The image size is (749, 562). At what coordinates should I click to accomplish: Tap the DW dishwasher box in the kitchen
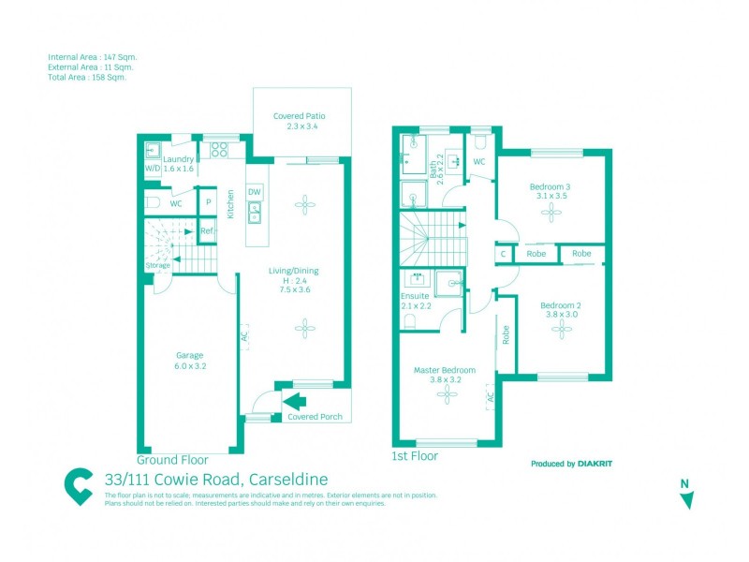[254, 192]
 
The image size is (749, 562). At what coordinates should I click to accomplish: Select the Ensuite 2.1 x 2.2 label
[415, 301]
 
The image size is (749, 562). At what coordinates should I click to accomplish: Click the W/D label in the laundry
[153, 169]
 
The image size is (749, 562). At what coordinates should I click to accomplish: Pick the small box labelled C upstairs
[504, 253]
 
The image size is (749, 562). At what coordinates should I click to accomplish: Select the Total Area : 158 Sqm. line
[86, 78]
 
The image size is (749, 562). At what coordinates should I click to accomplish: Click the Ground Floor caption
[172, 460]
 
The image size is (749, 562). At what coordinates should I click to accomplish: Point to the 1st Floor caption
[414, 456]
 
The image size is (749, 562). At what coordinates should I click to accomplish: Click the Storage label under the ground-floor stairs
[157, 266]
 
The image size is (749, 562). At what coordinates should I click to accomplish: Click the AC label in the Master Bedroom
[490, 397]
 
